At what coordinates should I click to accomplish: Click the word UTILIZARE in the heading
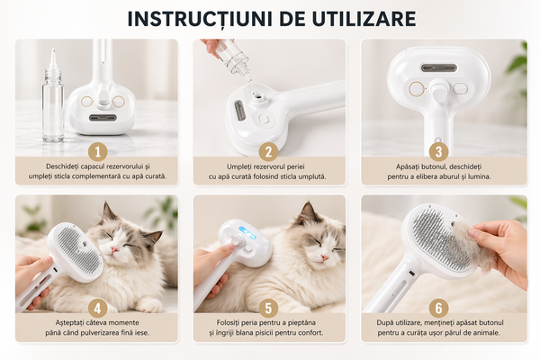[364, 19]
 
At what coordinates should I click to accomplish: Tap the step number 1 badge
[98, 152]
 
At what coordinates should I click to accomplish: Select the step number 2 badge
[268, 152]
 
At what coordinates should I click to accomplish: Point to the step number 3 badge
[439, 152]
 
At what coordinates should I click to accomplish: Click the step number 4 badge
[98, 308]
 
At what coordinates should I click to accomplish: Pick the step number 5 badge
[268, 308]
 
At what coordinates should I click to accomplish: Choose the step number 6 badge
[439, 308]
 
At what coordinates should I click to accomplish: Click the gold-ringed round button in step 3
[417, 89]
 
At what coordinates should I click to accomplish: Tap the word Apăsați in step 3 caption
[407, 167]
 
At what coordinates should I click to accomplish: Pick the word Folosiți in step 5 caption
[229, 323]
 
